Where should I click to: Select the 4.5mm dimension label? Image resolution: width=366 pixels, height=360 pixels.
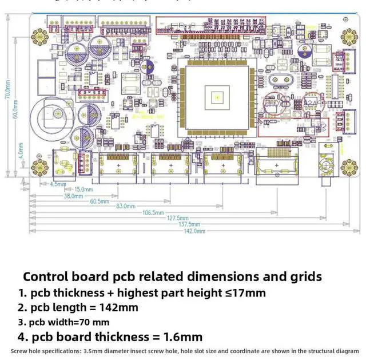(x=58, y=184)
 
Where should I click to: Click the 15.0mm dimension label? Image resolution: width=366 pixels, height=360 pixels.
(x=83, y=189)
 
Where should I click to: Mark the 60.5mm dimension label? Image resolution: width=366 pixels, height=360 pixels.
(x=99, y=201)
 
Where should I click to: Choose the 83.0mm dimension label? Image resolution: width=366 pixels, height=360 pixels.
(x=126, y=206)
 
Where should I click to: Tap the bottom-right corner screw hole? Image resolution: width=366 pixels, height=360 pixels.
(x=348, y=167)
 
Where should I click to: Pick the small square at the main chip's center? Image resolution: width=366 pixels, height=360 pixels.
(x=217, y=97)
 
